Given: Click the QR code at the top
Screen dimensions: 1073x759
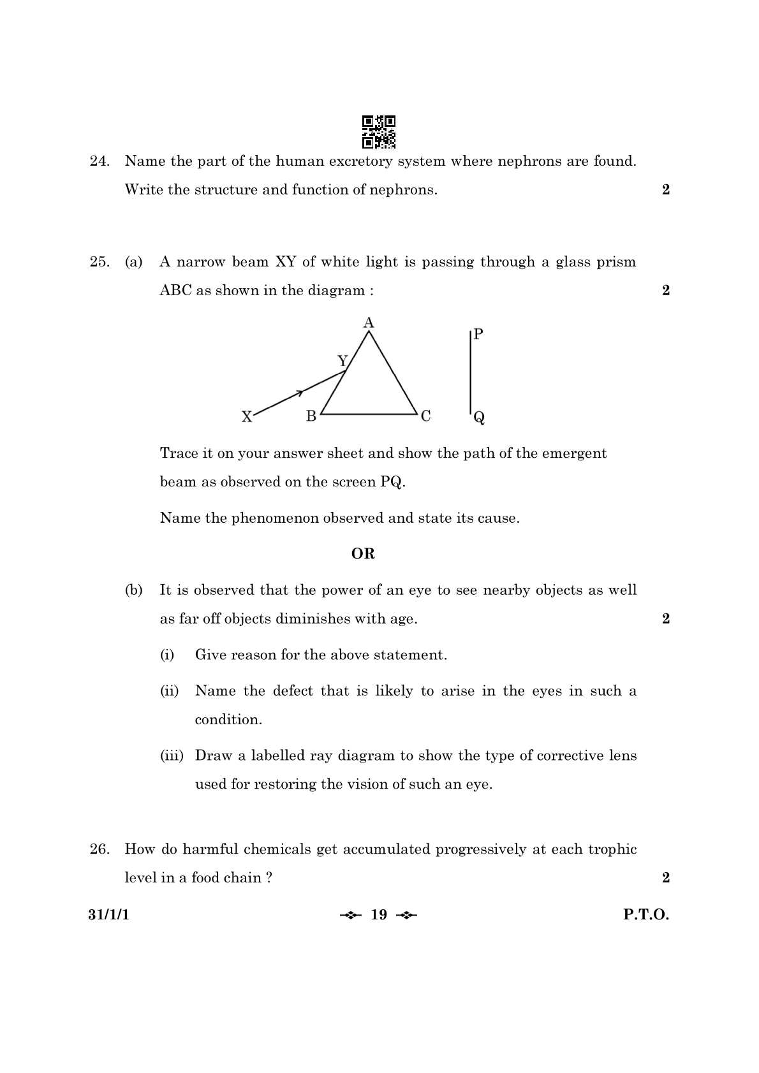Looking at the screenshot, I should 379,132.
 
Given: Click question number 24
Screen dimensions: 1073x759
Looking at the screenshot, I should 99,161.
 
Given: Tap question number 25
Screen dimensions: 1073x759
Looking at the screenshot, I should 99,262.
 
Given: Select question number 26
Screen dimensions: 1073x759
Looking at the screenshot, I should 99,849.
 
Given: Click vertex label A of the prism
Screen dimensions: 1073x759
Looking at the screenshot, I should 369,323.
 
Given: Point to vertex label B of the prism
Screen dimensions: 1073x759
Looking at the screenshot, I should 311,416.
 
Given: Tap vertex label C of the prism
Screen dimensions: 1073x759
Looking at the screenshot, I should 425,416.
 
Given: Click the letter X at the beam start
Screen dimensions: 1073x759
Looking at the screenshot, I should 247,417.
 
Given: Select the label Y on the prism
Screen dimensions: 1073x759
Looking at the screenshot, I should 343,361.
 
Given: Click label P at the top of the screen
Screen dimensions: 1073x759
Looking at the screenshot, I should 478,334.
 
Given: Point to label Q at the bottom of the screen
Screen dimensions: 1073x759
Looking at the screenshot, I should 479,418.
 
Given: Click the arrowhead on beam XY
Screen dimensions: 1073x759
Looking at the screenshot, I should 299,393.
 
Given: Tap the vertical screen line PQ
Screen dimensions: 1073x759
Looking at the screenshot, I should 471,373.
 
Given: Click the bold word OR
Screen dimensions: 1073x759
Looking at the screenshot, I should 363,554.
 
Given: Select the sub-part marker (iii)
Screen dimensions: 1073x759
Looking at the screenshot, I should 172,755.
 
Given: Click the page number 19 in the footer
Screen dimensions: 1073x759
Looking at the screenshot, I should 379,915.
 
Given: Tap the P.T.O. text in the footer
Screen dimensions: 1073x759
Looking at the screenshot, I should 646,915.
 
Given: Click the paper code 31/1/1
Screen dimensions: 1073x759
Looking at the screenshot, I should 108,915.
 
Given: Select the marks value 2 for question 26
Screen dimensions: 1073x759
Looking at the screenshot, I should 666,878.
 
